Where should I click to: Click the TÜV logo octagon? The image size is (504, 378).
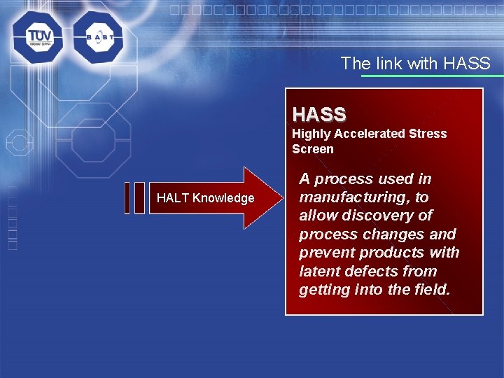(x=37, y=37)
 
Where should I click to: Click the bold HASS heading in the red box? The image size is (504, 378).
(x=319, y=114)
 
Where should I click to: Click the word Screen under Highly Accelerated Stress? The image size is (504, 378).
(x=313, y=148)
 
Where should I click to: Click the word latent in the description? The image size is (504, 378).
(x=318, y=271)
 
